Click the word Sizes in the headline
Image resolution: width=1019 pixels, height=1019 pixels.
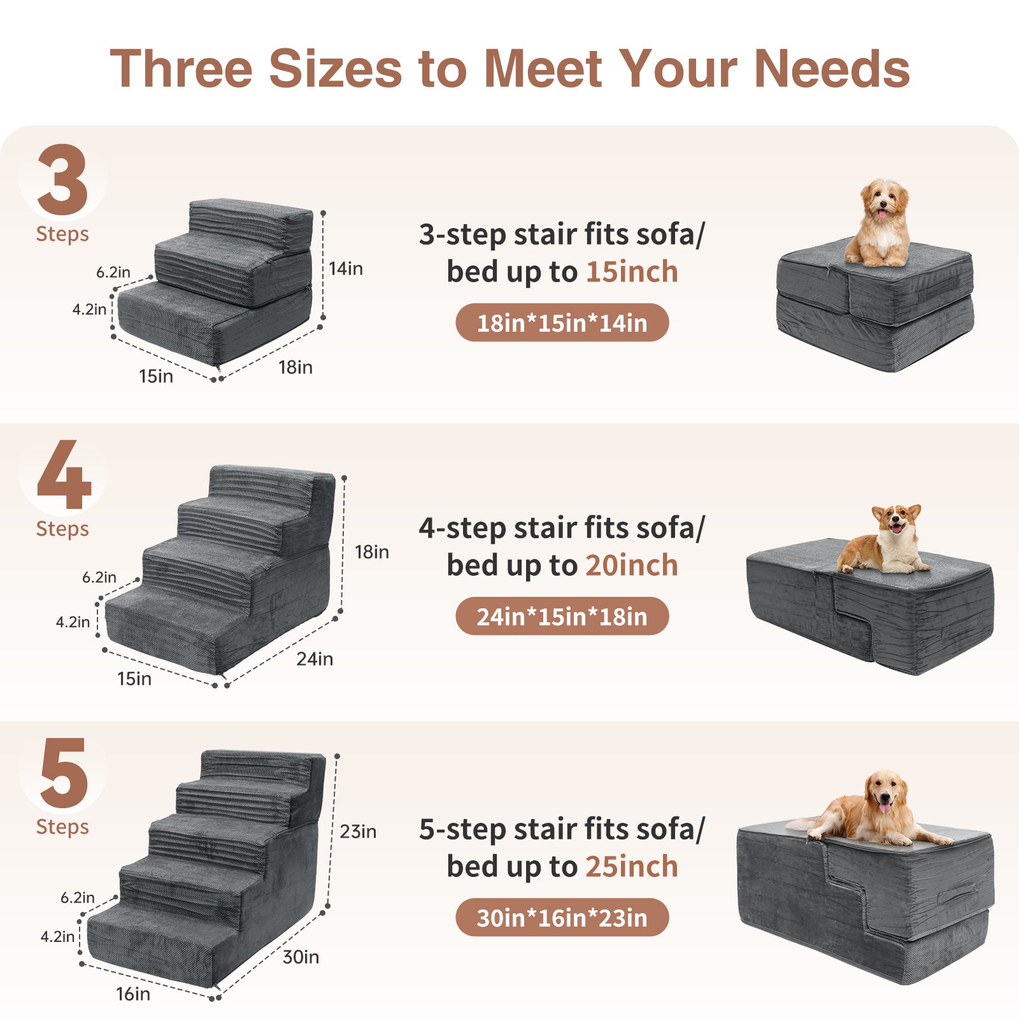(336, 68)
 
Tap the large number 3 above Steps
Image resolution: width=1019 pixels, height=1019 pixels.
(62, 180)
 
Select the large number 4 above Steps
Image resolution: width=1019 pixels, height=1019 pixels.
(64, 474)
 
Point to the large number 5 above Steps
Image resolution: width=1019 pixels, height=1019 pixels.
(64, 773)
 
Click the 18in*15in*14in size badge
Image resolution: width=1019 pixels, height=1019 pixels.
(562, 323)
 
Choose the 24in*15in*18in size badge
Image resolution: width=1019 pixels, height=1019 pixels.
(562, 616)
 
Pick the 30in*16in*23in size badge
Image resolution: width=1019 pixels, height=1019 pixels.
(562, 918)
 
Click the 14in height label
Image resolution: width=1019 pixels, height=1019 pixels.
(346, 269)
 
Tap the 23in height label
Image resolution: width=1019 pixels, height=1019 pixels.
(358, 832)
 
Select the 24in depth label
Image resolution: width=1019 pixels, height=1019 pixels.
(315, 659)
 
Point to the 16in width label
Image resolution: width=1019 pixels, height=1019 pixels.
(133, 994)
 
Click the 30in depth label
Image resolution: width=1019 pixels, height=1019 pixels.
(301, 957)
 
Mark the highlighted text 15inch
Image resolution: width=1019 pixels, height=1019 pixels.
(632, 272)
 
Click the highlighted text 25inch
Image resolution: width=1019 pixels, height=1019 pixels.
(632, 867)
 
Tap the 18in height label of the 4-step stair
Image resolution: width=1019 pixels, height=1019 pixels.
(372, 552)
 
